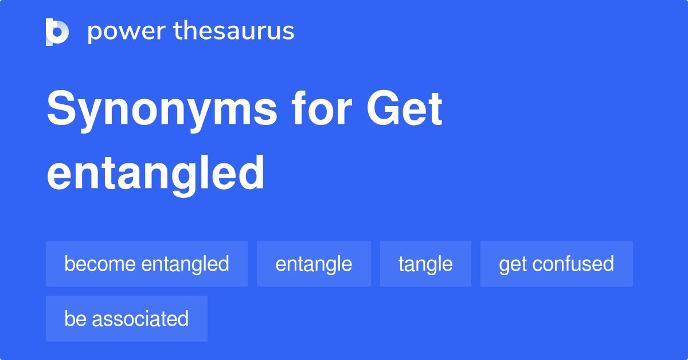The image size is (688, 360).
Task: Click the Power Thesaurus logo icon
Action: [57, 32]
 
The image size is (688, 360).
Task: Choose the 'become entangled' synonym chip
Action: [147, 264]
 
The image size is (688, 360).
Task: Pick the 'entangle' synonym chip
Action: [314, 264]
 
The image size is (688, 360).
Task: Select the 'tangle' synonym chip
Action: [425, 264]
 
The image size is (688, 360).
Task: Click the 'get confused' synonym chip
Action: [556, 264]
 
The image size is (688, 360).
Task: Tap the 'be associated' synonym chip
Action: [126, 319]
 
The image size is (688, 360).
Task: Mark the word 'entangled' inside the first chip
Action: [185, 264]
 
